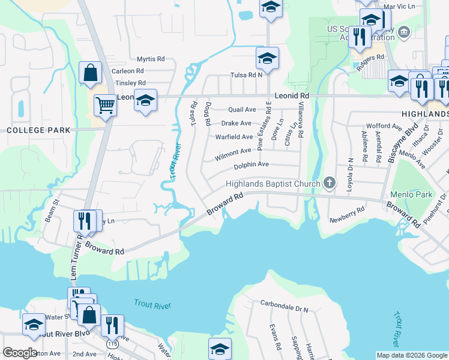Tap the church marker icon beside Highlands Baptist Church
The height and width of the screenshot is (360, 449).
(x=328, y=182)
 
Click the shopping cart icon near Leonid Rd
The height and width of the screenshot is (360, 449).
(x=105, y=106)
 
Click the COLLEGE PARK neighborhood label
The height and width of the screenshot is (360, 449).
(x=38, y=130)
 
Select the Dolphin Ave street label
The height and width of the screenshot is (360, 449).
(x=251, y=164)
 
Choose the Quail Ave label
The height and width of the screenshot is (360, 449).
(x=242, y=110)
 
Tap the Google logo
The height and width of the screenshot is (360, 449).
(x=20, y=353)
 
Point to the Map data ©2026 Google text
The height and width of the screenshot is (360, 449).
(x=411, y=355)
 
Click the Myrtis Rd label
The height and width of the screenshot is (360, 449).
(x=150, y=59)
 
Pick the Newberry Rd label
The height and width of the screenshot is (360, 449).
(x=347, y=215)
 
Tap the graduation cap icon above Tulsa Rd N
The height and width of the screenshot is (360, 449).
(x=267, y=58)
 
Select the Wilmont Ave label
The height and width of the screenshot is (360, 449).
(x=233, y=152)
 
